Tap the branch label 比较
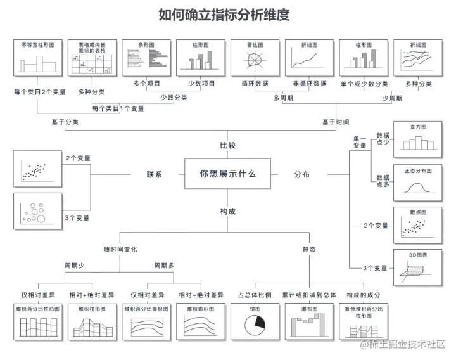(x=228, y=145)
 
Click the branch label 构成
(x=228, y=211)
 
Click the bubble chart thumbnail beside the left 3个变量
(x=37, y=212)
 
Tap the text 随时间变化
(x=120, y=249)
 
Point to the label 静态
(x=309, y=249)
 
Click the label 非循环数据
(x=310, y=84)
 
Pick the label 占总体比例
(x=255, y=295)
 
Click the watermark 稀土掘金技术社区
(x=408, y=344)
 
